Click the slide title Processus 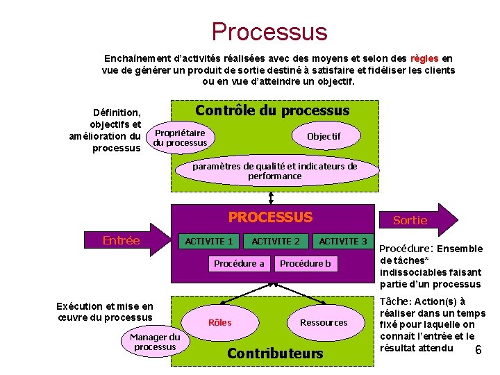point(269,31)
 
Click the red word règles point(424,58)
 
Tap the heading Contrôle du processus point(272,110)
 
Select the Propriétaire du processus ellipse point(181,137)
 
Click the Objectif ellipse point(324,137)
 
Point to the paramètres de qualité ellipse point(275,171)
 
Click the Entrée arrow point(125,241)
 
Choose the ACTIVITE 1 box point(208,241)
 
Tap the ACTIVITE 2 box point(276,241)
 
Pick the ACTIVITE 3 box point(343,241)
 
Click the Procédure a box point(239,263)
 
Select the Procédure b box point(306,263)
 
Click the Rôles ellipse point(220,322)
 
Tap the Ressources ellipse point(324,322)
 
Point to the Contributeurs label point(275,353)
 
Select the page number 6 point(478,350)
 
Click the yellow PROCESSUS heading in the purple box point(270,217)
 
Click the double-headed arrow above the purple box point(270,198)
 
